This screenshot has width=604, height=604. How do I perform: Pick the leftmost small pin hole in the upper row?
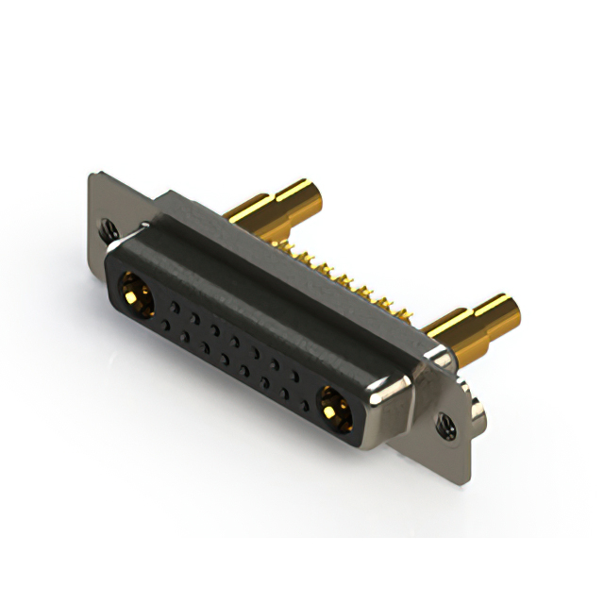(x=176, y=305)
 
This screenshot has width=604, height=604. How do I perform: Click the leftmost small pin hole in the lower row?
(x=166, y=324)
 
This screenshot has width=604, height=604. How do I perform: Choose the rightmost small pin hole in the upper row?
(x=295, y=375)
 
